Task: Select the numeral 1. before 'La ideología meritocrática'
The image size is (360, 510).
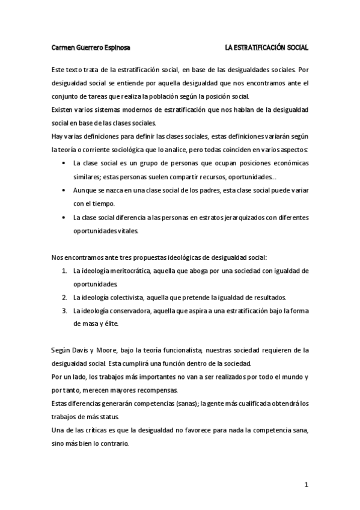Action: pos(64,271)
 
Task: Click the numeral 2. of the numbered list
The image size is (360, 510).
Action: pos(64,297)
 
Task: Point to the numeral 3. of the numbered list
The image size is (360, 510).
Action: pos(64,310)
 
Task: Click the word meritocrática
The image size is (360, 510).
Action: pos(129,271)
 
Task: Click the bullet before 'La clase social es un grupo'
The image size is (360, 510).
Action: pos(65,163)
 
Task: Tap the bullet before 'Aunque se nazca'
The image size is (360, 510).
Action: pos(65,189)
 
